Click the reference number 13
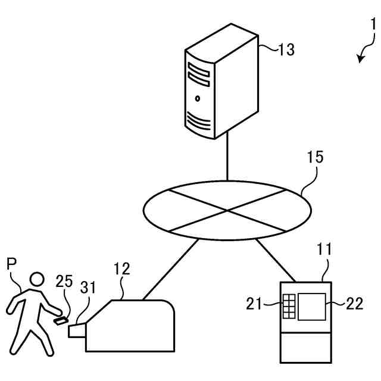pyautogui.click(x=286, y=49)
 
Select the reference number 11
pyautogui.click(x=324, y=249)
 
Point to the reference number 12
pyautogui.click(x=121, y=269)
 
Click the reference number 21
pyautogui.click(x=255, y=305)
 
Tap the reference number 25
pyautogui.click(x=65, y=282)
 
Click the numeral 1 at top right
pyautogui.click(x=373, y=25)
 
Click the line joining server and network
pyautogui.click(x=227, y=158)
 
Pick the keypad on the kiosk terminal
pyautogui.click(x=290, y=306)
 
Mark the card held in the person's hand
pyautogui.click(x=60, y=321)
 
